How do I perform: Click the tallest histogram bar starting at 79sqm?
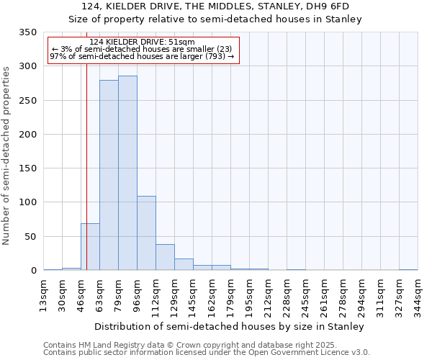127,173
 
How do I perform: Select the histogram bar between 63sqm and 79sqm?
109,175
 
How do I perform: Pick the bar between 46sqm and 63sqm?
90,247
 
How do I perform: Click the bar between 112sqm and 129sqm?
165,257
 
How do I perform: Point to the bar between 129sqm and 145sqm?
184,264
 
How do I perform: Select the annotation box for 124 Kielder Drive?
143,50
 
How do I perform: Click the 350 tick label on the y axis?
27,32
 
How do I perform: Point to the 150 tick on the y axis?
27,168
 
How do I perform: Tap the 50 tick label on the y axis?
30,237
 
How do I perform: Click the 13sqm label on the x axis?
44,294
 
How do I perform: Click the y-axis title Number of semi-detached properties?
7,155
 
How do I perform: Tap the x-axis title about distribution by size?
229,326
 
